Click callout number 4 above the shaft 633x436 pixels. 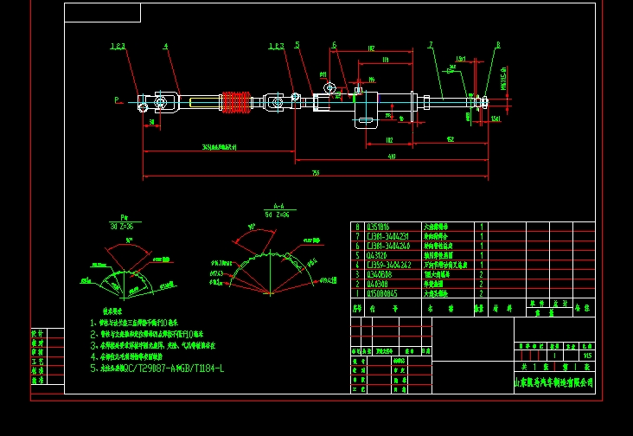coord(165,46)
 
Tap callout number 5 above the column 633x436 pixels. coord(297,45)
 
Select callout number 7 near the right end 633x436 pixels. coord(430,45)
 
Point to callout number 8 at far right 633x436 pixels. coord(498,45)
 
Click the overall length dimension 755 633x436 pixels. coord(315,173)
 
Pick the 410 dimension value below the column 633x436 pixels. coord(392,157)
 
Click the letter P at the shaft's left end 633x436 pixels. coord(116,100)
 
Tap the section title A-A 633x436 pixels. coord(279,207)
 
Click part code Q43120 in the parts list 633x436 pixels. coord(378,255)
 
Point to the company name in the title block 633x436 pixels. coord(554,381)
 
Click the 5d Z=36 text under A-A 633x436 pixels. coord(278,214)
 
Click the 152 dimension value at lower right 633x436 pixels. coord(451,138)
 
